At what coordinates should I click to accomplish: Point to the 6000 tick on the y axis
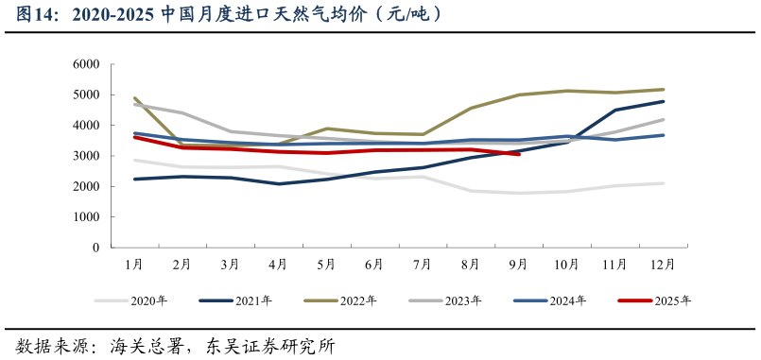[86, 64]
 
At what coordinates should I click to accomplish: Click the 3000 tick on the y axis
[86, 156]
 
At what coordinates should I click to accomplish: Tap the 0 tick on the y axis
[95, 248]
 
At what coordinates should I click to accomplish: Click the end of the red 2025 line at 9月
[519, 154]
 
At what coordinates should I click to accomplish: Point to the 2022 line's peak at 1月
[134, 98]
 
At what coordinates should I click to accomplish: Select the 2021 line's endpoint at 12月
[664, 101]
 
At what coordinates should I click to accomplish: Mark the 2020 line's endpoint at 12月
[664, 183]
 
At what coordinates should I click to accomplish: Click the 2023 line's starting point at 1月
[134, 105]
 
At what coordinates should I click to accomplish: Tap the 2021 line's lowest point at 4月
[279, 184]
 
